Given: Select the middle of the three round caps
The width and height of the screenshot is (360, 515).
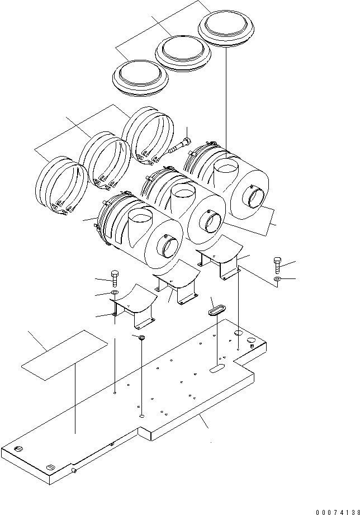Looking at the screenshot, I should [x=183, y=53].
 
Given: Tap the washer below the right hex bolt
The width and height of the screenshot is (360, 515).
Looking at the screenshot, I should [x=278, y=278].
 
